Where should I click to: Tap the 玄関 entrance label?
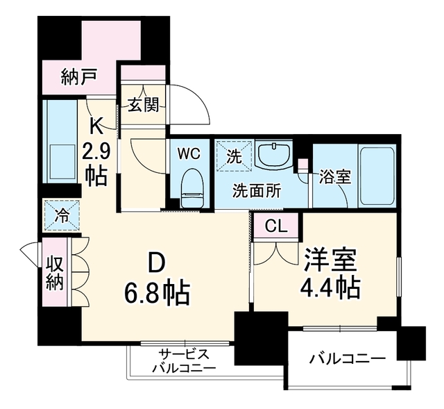(x=144, y=105)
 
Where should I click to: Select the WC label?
(x=189, y=154)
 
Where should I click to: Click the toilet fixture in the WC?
(x=193, y=187)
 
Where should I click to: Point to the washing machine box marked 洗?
(x=234, y=156)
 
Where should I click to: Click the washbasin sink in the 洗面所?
(x=273, y=155)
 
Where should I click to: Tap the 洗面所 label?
(x=257, y=190)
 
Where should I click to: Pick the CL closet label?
(x=276, y=226)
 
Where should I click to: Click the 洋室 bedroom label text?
(x=330, y=260)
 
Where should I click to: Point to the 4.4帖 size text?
(x=330, y=287)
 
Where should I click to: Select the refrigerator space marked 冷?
(x=62, y=216)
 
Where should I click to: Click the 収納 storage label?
(x=55, y=274)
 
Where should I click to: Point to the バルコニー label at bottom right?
(x=348, y=360)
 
